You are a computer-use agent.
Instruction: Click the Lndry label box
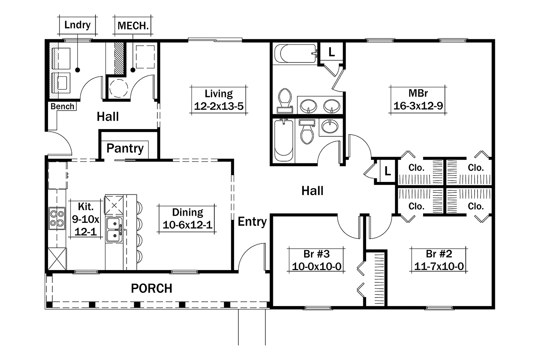[77, 25]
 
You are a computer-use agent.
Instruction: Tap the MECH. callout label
[133, 25]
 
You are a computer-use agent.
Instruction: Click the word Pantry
[124, 149]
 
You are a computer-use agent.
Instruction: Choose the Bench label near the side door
[62, 106]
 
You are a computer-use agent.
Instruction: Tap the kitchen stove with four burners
[57, 219]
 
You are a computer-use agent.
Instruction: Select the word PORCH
[151, 289]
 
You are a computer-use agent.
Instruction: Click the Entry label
[252, 222]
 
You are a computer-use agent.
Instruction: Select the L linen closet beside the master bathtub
[332, 52]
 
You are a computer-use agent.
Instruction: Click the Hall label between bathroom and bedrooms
[312, 191]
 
